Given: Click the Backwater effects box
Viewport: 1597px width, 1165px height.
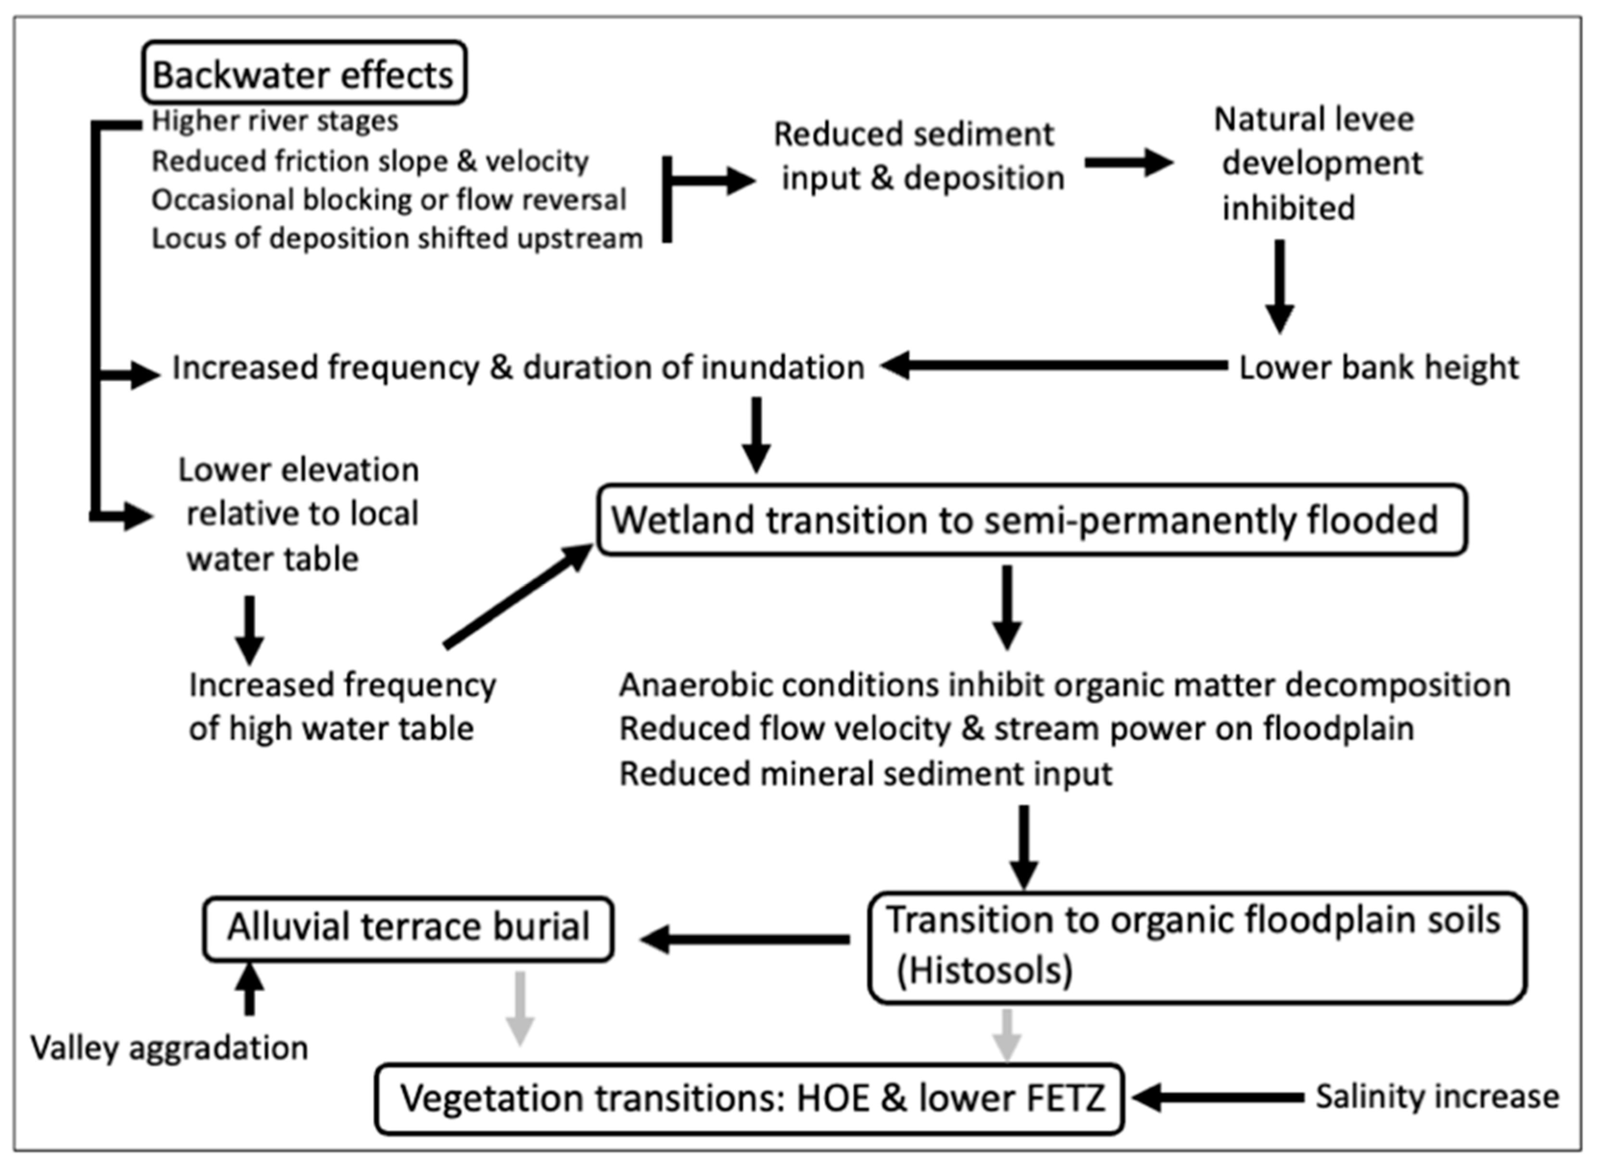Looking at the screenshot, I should (x=304, y=73).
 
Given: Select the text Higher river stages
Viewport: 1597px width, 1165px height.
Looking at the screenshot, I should (x=275, y=121).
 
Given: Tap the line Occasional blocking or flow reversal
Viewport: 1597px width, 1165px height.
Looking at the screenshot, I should (x=389, y=200).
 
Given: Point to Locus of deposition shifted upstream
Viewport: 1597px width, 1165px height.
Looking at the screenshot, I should (x=397, y=239).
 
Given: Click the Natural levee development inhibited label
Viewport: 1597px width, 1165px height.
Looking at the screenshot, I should (x=1317, y=164).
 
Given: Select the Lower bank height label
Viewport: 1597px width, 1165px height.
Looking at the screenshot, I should (x=1378, y=367).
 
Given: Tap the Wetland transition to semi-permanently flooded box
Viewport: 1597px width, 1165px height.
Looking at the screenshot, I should (x=1031, y=520).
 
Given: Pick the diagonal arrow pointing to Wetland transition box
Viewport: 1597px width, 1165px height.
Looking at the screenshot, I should (x=518, y=596).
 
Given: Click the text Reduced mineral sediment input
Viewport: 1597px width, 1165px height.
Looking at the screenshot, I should (x=865, y=773).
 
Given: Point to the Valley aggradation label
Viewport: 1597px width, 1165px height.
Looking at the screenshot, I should (x=169, y=1049).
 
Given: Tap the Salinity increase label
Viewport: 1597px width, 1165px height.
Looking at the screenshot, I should (x=1437, y=1097).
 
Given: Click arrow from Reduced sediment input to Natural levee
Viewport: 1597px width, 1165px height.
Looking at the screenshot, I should (x=1128, y=163).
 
